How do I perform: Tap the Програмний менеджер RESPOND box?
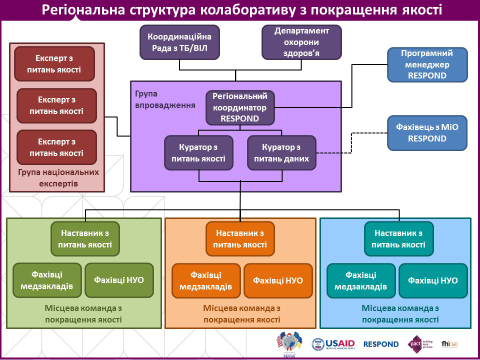427,64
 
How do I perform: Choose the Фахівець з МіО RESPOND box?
427,133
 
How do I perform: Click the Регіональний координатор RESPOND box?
240,107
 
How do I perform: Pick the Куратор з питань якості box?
198,153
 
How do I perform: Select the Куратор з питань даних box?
281,153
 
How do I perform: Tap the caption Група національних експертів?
58,178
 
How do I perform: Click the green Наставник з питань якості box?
85,239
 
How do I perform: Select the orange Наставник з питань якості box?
240,239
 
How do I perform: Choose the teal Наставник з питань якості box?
398,239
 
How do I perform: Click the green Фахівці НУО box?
119,280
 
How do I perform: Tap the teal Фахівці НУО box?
432,280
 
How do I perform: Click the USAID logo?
333,344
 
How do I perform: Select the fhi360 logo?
449,344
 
